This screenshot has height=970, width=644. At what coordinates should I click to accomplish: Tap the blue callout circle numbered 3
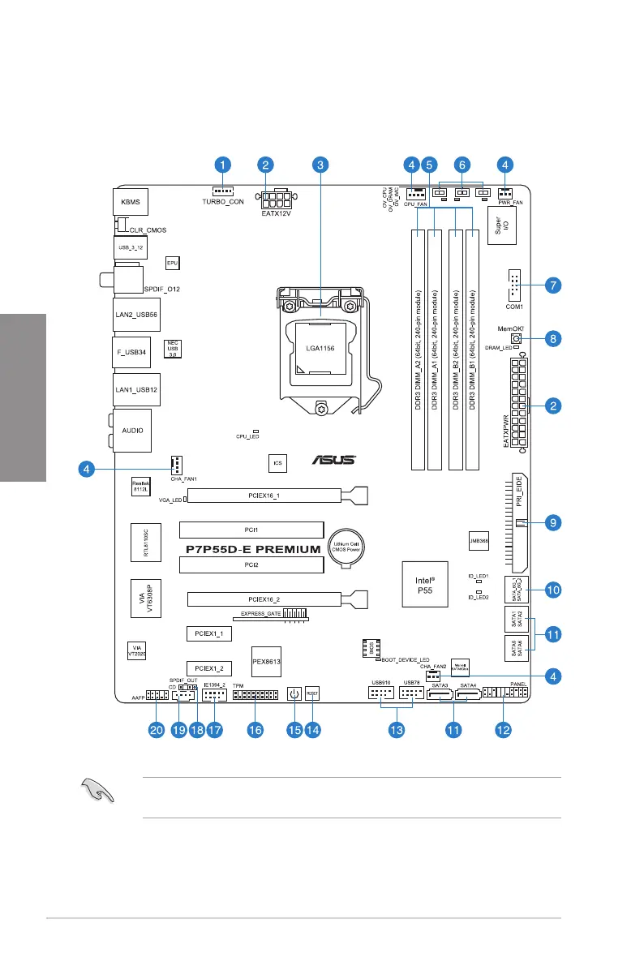point(321,165)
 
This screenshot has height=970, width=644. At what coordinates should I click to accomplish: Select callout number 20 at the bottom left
point(156,730)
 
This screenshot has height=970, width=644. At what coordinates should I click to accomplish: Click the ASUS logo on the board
point(334,460)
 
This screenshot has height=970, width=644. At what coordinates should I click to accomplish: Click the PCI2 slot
point(251,564)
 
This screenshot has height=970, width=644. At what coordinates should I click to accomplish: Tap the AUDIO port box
point(131,431)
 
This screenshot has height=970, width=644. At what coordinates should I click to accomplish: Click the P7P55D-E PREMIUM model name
point(253,549)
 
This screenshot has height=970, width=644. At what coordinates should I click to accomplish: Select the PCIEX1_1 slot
point(209,633)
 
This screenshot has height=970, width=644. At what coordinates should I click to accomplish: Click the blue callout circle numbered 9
point(552,524)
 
